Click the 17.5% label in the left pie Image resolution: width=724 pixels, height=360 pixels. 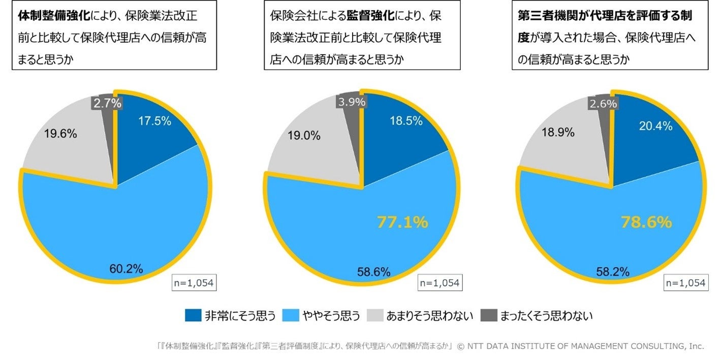pyautogui.click(x=154, y=121)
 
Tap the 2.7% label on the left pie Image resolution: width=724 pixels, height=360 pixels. pyautogui.click(x=107, y=103)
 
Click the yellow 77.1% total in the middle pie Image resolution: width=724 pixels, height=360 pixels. pyautogui.click(x=402, y=222)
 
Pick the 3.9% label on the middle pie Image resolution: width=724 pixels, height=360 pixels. pyautogui.click(x=351, y=102)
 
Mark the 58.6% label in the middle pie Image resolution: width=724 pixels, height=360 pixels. pyautogui.click(x=374, y=272)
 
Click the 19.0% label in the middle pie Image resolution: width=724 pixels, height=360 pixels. pyautogui.click(x=304, y=136)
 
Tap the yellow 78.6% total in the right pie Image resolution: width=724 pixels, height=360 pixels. pyautogui.click(x=647, y=222)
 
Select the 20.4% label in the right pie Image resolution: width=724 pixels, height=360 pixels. pyautogui.click(x=655, y=126)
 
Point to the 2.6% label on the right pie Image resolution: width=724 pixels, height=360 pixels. pyautogui.click(x=603, y=104)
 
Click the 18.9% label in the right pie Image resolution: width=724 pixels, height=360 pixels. pyautogui.click(x=558, y=133)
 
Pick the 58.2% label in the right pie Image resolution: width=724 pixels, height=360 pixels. pyautogui.click(x=613, y=272)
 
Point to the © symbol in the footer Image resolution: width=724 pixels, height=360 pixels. pyautogui.click(x=461, y=346)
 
